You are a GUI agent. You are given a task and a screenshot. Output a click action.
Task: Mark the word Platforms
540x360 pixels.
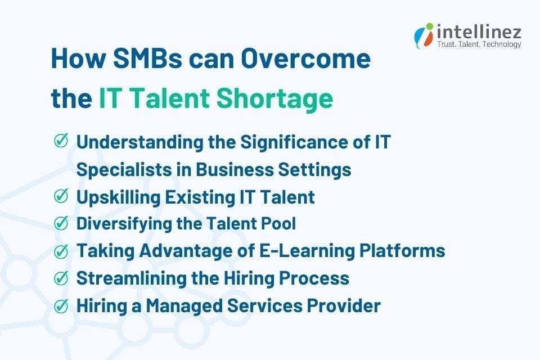[407, 251]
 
